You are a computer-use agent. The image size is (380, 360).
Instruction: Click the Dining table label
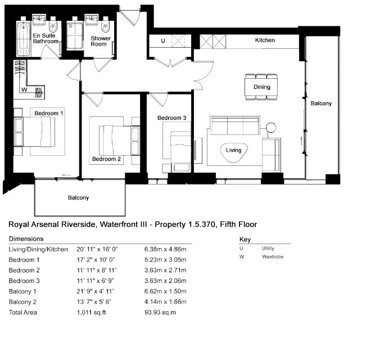click(x=262, y=87)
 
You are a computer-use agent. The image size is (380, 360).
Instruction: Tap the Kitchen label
click(x=265, y=40)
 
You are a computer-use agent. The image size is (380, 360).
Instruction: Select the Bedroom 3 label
click(x=172, y=118)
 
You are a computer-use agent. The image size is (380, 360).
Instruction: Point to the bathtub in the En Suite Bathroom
click(x=24, y=39)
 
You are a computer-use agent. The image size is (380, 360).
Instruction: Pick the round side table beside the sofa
click(x=271, y=127)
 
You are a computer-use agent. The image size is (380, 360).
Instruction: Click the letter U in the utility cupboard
click(x=163, y=40)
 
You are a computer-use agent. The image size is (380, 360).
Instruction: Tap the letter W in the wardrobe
click(x=24, y=90)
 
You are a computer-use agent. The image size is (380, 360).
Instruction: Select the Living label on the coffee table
click(x=234, y=150)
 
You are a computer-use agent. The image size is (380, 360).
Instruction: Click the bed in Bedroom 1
click(x=34, y=132)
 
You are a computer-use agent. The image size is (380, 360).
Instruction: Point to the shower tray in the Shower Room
click(x=75, y=35)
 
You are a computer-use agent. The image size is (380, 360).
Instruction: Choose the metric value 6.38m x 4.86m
click(x=165, y=249)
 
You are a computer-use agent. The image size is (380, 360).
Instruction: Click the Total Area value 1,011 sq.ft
click(x=92, y=312)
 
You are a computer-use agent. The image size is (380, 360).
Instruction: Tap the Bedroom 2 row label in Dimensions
click(x=24, y=270)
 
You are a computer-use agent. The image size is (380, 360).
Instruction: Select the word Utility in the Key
click(x=268, y=248)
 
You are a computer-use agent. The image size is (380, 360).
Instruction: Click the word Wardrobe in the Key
click(x=273, y=256)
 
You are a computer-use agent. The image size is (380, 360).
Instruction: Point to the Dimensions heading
click(x=26, y=238)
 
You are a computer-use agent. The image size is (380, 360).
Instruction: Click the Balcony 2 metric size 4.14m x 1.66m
click(x=165, y=301)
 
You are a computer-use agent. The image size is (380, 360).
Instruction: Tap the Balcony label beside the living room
click(x=321, y=103)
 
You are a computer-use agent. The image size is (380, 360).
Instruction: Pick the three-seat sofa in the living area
click(x=235, y=125)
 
